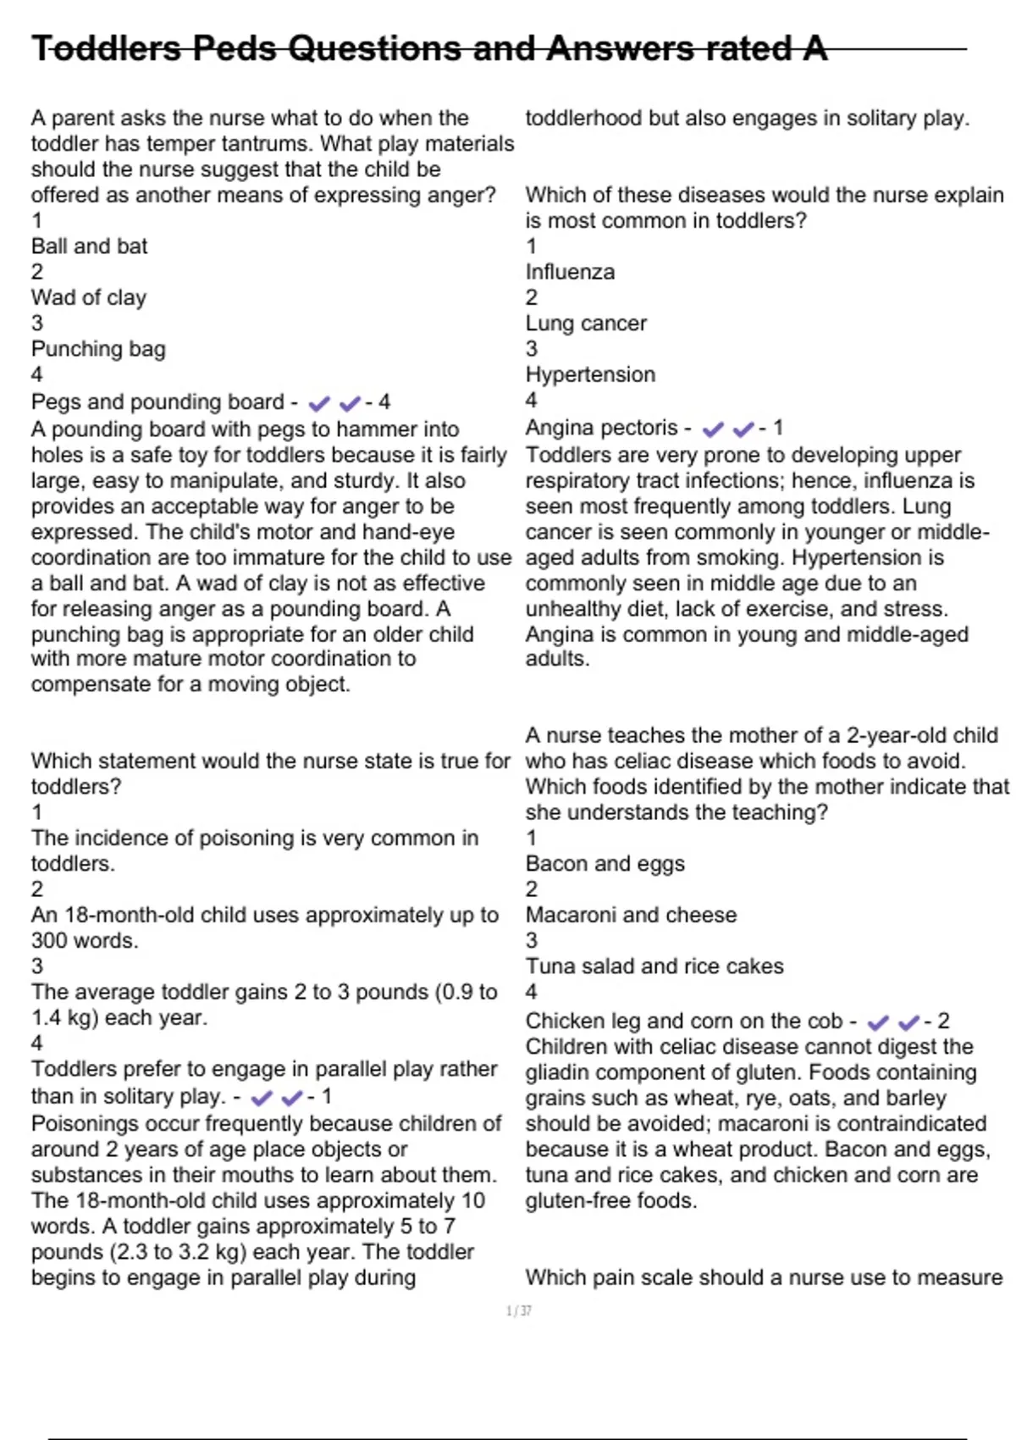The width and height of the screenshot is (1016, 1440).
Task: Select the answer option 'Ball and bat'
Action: click(x=89, y=246)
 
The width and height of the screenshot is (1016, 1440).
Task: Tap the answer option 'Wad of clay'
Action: click(x=89, y=297)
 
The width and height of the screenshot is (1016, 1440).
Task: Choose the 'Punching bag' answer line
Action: click(x=98, y=349)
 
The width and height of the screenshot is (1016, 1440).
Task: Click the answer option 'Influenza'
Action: click(x=570, y=272)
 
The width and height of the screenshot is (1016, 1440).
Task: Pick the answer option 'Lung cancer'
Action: click(x=586, y=324)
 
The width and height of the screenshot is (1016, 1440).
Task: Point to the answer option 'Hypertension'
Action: click(x=590, y=374)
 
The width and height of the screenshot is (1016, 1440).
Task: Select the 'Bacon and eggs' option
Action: click(x=605, y=864)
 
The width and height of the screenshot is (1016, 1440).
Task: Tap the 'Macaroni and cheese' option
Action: click(x=631, y=915)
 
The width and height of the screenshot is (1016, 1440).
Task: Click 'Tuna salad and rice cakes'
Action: click(x=654, y=966)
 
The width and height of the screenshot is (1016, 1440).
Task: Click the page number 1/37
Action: click(x=518, y=1311)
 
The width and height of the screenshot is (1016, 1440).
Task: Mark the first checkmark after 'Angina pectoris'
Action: click(x=714, y=429)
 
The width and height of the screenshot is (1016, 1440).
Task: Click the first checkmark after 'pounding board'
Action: click(x=319, y=404)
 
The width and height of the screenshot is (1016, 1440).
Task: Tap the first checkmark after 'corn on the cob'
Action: click(x=879, y=1022)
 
